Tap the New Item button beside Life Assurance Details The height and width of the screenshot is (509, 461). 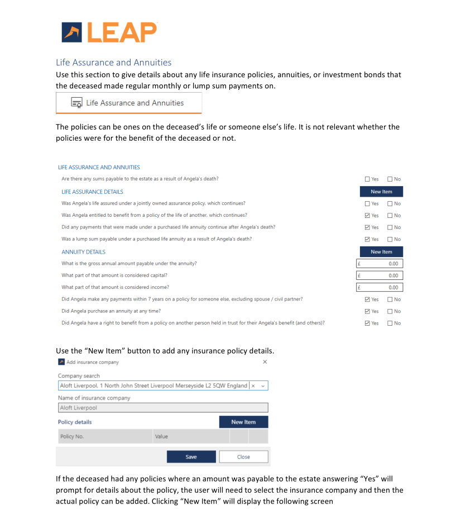[x=381, y=192]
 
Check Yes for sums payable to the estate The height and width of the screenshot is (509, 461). [x=367, y=179]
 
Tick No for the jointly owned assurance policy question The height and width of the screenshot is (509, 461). [x=390, y=204]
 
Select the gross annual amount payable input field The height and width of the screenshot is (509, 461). [x=380, y=264]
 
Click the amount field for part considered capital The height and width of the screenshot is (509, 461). [x=380, y=275]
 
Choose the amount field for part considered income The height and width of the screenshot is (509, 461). [x=380, y=288]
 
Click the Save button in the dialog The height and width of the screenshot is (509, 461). [x=191, y=457]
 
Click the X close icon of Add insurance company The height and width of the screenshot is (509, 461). [x=265, y=362]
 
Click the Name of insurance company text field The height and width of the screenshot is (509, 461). [x=163, y=408]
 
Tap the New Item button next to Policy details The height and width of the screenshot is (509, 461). [x=243, y=422]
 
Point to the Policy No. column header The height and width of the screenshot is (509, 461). [x=72, y=436]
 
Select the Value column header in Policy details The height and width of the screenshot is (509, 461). [x=161, y=436]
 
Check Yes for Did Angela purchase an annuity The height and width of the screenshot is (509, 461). [x=367, y=312]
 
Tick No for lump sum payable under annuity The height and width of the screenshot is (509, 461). [x=390, y=240]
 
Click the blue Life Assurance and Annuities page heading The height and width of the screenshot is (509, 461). [x=114, y=63]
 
